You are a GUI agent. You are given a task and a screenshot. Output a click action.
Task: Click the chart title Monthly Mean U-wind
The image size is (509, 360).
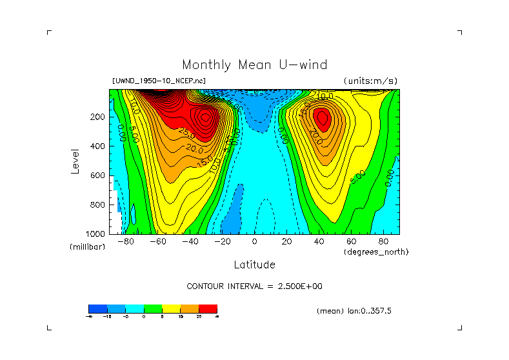pos(254,65)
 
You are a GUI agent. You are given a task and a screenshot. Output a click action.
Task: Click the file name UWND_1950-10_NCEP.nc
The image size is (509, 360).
pos(159,81)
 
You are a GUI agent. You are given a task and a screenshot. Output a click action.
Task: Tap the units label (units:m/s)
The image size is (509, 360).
pos(370,81)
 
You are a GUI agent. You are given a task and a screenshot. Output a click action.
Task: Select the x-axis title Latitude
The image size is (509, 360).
pos(254,265)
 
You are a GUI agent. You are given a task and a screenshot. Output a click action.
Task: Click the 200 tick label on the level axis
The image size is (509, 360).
pos(98,117)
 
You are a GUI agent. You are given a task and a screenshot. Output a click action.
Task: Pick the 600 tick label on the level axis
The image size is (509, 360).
pos(98,175)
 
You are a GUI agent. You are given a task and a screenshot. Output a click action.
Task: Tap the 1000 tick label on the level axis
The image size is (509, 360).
pos(96,234)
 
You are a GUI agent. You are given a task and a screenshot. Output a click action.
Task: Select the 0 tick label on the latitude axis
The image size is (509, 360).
pos(254,242)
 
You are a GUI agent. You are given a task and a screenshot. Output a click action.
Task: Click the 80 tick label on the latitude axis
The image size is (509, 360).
pos(383,242)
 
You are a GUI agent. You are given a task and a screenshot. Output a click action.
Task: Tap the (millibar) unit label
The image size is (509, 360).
pos(87,247)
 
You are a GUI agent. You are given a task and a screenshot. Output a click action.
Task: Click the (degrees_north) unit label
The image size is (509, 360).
pos(376,251)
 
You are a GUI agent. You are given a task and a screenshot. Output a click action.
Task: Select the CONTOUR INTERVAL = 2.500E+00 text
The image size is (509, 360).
pos(254,286)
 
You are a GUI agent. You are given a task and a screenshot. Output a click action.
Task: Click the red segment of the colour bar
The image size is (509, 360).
pos(208,308)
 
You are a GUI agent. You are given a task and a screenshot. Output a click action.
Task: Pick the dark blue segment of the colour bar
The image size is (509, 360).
pos(97,308)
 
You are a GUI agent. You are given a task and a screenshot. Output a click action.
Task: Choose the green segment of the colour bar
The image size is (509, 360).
pos(152,308)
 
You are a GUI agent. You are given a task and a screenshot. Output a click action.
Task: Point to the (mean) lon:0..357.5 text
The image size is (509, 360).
pos(354,311)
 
